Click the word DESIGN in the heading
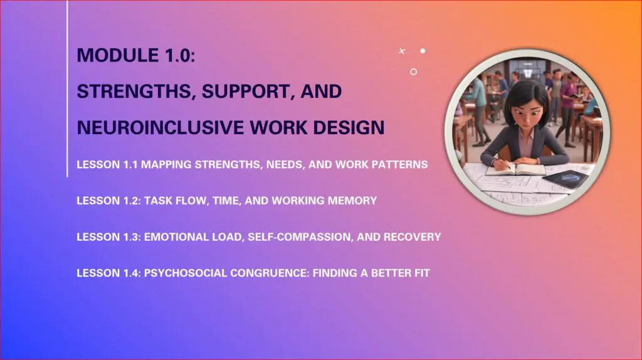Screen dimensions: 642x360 tap(349, 127)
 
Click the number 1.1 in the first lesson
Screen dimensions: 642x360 tap(130, 165)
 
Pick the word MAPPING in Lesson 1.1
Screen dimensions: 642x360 tap(166, 165)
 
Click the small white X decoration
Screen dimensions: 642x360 tap(402, 51)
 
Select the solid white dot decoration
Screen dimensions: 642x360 tap(423, 51)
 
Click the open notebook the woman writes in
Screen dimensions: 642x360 tap(515, 169)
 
